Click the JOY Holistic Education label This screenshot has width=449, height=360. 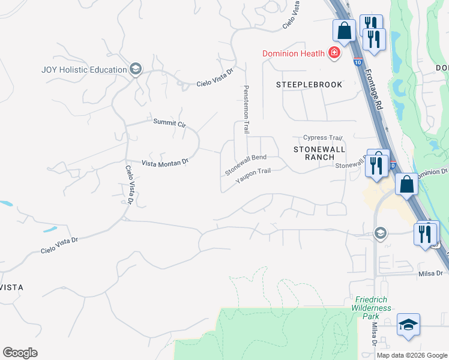click(83, 69)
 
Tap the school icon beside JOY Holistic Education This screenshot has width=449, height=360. click(136, 69)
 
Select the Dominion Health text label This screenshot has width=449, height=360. click(294, 54)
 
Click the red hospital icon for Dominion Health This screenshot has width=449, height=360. click(334, 54)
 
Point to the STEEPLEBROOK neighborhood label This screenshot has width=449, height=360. click(309, 85)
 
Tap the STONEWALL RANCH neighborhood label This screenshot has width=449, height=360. click(313, 152)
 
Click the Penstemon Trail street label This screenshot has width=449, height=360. click(246, 109)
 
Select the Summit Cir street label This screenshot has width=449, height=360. click(170, 124)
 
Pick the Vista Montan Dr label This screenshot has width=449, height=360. click(164, 162)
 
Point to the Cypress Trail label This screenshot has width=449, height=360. click(322, 137)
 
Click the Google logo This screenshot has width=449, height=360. click(20, 353)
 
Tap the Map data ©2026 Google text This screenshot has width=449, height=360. click(412, 355)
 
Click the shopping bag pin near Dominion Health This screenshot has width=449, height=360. click(345, 31)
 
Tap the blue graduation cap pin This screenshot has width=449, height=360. click(408, 325)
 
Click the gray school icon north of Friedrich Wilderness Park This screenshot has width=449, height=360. click(380, 233)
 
